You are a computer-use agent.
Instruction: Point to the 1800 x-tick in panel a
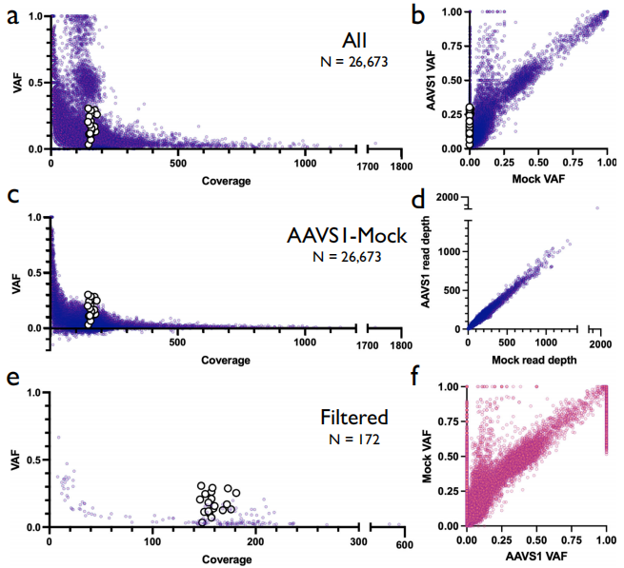tap(401, 164)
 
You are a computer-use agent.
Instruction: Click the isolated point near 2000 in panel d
tap(597, 208)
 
